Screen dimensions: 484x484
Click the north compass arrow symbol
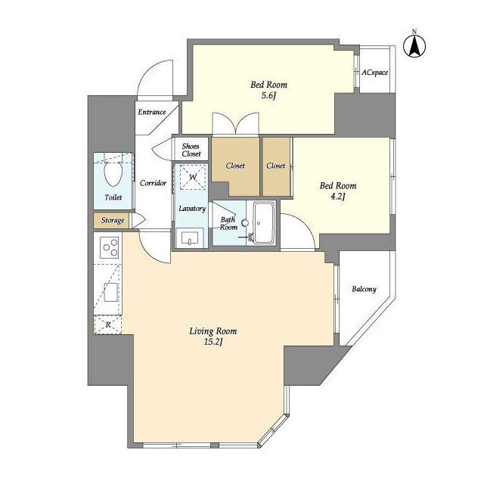coord(414,46)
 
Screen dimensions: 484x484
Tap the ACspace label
coord(375,73)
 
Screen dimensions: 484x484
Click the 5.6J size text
coord(268,95)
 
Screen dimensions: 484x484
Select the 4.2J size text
coord(338,197)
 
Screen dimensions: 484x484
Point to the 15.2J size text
coord(213,342)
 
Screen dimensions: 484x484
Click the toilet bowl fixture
coord(113,173)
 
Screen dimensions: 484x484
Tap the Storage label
coord(113,220)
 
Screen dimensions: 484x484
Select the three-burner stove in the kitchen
coord(110,247)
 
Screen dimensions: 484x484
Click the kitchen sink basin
coord(111,292)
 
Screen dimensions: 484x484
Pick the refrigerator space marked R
coord(107,324)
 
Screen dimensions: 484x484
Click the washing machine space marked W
coord(193,177)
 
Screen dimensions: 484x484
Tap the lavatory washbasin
coord(190,237)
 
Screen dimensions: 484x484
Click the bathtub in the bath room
coord(264,222)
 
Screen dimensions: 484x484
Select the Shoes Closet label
coord(191,150)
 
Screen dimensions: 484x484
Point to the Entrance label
coord(152,113)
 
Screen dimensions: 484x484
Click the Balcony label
coord(365,289)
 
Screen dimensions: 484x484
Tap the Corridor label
coord(153,183)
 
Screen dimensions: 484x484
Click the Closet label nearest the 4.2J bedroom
coord(275,166)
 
